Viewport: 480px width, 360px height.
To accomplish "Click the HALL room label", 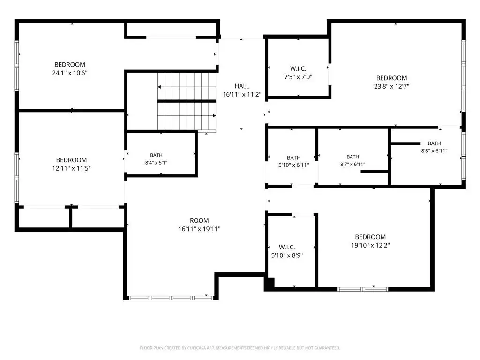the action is (x=242, y=86).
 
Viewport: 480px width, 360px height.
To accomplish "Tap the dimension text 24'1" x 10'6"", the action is (x=70, y=73).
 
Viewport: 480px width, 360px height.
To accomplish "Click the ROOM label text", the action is (x=199, y=221).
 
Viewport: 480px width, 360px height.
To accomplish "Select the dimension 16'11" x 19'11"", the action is (x=199, y=229).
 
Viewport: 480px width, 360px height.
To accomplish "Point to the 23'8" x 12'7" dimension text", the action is (x=391, y=86).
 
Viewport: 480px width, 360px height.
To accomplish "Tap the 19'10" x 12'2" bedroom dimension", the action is (x=370, y=245).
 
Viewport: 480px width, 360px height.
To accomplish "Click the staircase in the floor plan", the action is (x=187, y=101).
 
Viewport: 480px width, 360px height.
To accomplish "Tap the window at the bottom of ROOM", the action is (x=171, y=298).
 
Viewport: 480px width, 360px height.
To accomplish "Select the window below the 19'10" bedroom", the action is (x=363, y=289).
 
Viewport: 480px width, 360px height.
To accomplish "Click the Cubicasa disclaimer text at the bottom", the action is (x=240, y=348).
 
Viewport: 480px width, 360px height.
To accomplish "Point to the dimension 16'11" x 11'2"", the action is (x=242, y=95).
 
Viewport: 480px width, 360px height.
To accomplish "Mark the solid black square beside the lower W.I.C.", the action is (x=270, y=282).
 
